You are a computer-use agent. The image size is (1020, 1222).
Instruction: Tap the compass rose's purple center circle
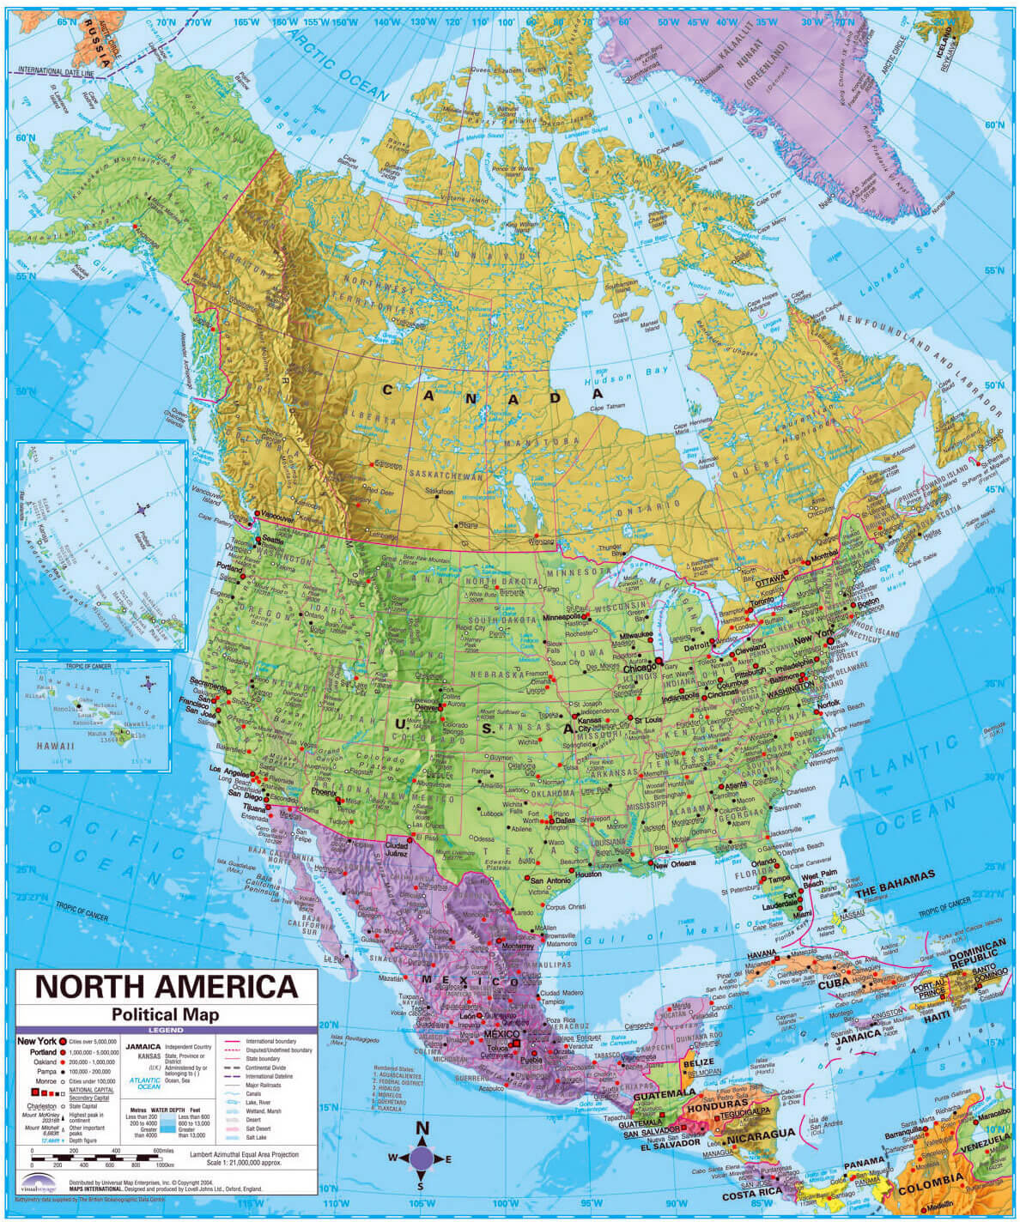(x=422, y=1158)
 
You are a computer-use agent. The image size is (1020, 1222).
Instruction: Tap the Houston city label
(x=588, y=874)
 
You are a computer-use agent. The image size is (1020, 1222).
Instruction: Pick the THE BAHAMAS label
(x=893, y=877)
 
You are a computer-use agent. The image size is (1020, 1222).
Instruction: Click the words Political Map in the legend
(x=165, y=1014)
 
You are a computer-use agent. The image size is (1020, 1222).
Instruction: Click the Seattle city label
(x=273, y=541)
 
